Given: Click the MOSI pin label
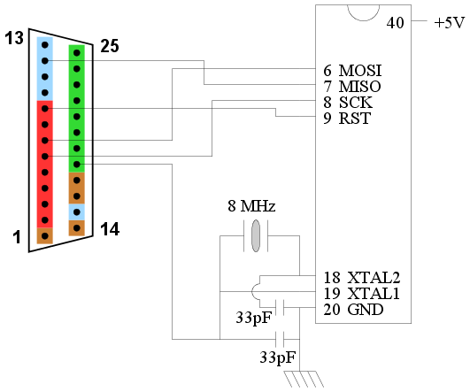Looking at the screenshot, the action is tap(360, 71).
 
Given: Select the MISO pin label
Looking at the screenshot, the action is tap(359, 87).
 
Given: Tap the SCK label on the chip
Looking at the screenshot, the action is tap(356, 103).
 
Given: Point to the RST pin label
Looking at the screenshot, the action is tap(355, 118).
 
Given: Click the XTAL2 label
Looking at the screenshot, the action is tap(374, 278).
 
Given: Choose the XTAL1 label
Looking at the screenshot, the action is tap(374, 294).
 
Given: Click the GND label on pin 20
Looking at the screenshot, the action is tap(366, 310).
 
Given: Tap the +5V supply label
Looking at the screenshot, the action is tap(450, 23).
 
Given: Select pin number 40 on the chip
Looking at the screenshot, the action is tap(395, 23).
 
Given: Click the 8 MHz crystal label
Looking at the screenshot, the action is tap(251, 206).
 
